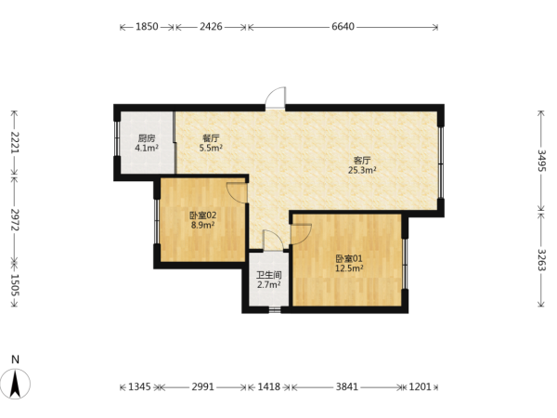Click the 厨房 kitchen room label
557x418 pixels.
click(147, 137)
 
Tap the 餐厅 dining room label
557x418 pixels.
click(211, 137)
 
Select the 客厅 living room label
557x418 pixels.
click(362, 161)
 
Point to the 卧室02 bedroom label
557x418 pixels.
click(202, 216)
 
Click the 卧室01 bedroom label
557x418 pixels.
click(349, 258)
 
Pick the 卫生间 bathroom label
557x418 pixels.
click(269, 275)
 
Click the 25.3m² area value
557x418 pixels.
click(362, 170)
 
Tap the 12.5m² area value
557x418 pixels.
click(349, 268)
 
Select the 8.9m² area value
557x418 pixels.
click(202, 225)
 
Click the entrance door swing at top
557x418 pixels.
click(276, 98)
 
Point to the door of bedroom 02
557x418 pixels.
click(237, 193)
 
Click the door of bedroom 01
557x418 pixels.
click(301, 234)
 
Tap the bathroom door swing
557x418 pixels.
click(273, 241)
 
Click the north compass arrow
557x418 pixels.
click(15, 384)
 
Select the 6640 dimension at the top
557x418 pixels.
click(343, 27)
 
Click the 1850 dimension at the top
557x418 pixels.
click(147, 27)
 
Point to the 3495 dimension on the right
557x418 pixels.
click(541, 161)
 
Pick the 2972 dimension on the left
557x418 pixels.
click(15, 219)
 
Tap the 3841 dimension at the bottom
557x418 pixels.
click(346, 386)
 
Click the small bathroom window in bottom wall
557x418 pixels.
click(275, 309)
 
